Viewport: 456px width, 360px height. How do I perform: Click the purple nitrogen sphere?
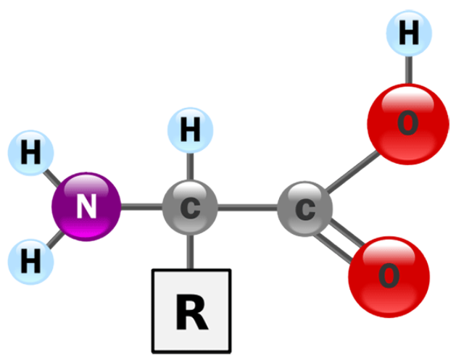pos(86,206)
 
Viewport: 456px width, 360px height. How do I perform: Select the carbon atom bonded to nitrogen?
pos(190,207)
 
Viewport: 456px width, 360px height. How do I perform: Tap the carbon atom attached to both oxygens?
pos(304,209)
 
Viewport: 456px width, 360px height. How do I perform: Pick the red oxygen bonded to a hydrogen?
pos(408,124)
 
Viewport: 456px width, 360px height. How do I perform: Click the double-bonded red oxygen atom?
pos(389,277)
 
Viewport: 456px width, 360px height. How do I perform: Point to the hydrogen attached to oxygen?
pos(409,33)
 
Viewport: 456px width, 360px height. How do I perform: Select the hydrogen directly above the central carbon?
pos(190,130)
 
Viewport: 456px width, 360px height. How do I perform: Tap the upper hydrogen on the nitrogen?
pos(31,153)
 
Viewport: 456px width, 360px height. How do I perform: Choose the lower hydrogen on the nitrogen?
pos(31,261)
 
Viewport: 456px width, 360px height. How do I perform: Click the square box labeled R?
pos(191,311)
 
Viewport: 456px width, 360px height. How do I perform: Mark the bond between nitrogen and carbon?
pos(141,207)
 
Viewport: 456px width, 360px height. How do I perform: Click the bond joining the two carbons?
pos(247,208)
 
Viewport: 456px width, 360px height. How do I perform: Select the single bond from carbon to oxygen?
pos(352,172)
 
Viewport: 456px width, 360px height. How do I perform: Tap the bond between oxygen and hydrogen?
pos(409,70)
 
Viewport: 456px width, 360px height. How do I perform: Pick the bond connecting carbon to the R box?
pos(190,252)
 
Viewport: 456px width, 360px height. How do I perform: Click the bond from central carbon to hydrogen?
pos(190,167)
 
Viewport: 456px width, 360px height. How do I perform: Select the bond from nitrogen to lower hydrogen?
pos(54,239)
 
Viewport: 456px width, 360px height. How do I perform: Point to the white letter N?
pos(86,206)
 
